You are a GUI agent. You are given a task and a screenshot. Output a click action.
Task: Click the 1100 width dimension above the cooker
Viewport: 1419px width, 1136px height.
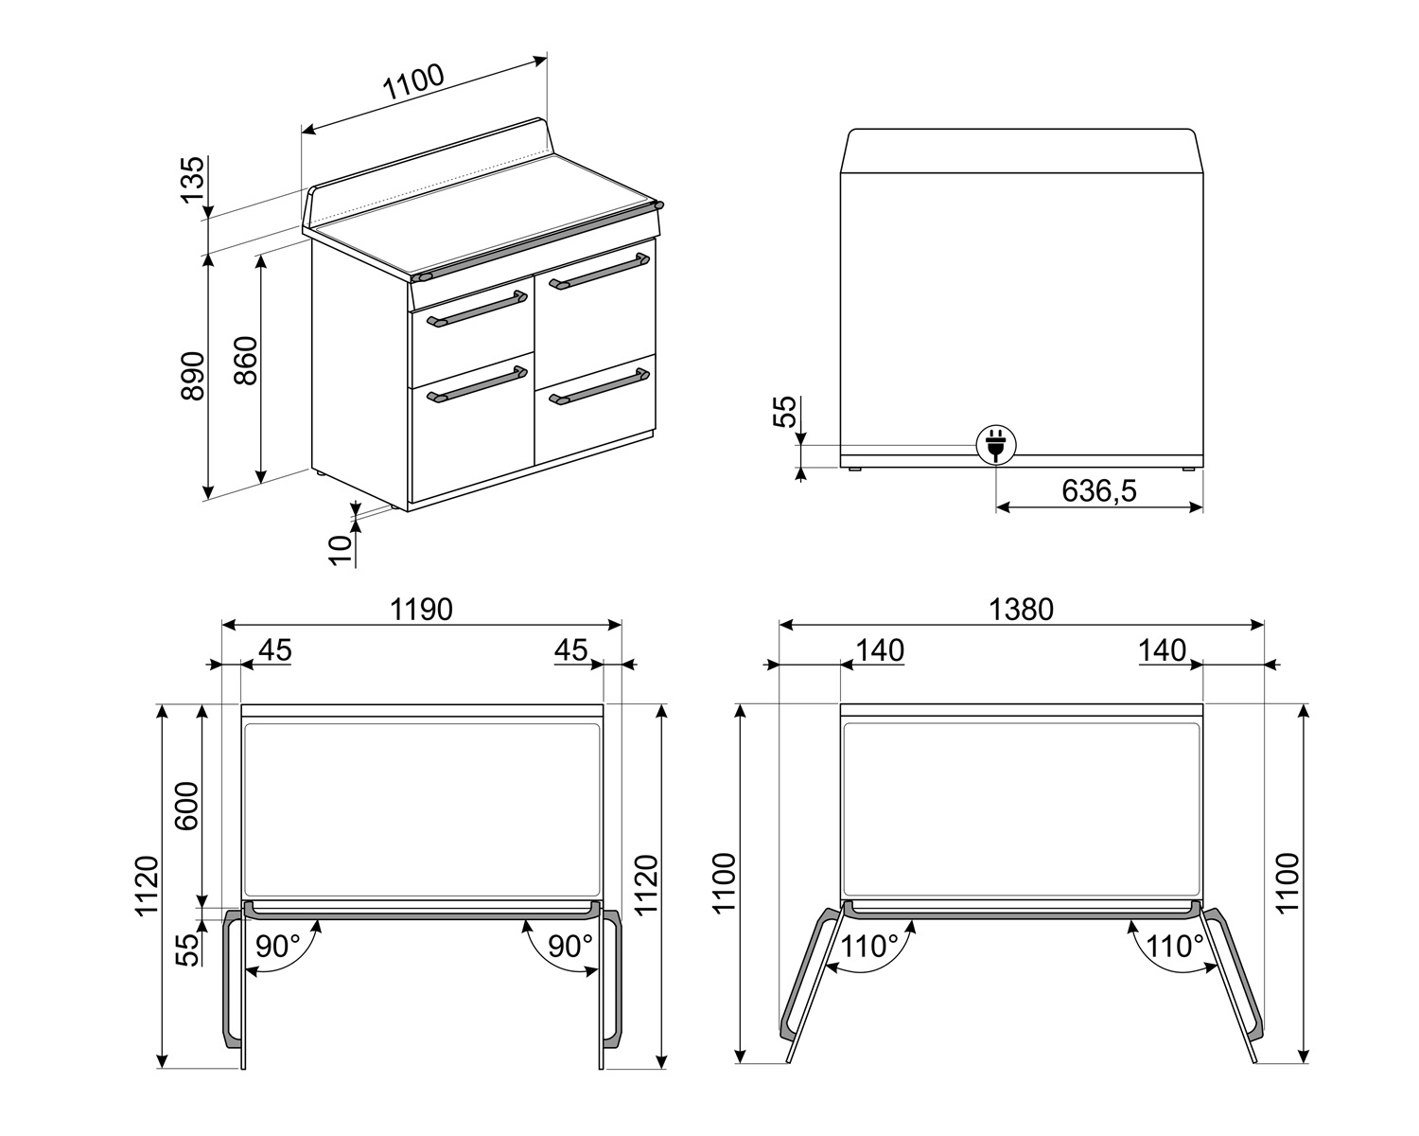[x=413, y=83]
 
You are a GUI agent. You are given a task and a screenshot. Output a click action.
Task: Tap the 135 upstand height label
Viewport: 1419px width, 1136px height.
[x=192, y=180]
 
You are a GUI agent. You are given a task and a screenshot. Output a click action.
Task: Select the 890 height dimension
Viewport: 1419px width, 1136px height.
[x=192, y=376]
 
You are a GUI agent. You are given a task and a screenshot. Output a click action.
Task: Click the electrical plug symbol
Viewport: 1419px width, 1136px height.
[x=995, y=443]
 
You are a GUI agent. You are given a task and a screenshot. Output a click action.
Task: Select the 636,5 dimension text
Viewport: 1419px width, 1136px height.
[x=1098, y=490]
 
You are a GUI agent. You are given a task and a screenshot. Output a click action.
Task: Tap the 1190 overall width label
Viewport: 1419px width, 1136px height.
[x=422, y=610]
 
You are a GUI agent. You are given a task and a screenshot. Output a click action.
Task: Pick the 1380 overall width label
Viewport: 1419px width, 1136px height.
[x=1022, y=610]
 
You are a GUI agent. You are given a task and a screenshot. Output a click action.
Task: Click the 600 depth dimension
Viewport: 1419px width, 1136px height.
[x=188, y=806]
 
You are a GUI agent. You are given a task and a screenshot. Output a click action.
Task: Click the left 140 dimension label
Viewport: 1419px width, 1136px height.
[x=880, y=650]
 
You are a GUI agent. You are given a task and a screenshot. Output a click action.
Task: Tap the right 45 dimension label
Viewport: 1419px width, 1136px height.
[x=570, y=650]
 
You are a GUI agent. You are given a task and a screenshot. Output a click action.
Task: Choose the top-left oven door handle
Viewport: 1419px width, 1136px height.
[x=477, y=310]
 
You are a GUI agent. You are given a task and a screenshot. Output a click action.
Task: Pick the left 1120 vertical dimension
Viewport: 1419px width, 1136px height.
[x=147, y=887]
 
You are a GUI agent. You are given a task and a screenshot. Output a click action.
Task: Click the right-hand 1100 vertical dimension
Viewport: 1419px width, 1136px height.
[x=1288, y=882]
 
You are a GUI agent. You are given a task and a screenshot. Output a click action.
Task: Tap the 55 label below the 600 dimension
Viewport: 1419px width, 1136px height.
[x=188, y=949]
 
